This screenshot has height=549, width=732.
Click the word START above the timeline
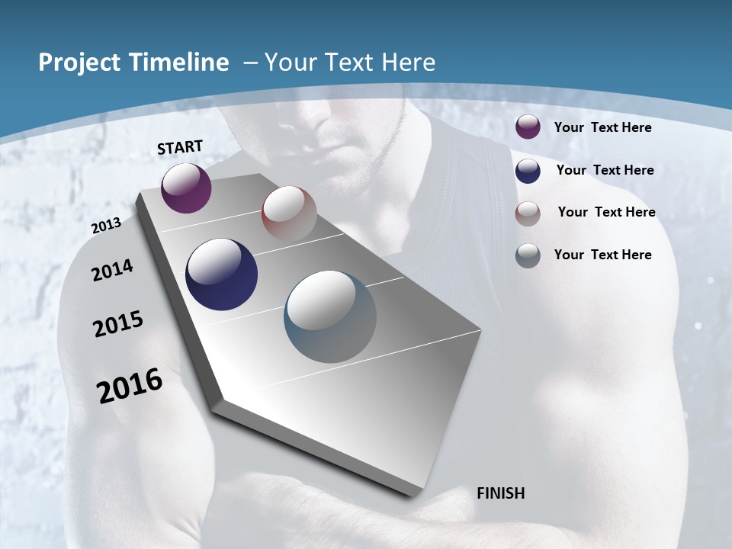click(x=180, y=147)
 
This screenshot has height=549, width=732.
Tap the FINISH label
click(x=500, y=493)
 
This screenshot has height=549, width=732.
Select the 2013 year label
click(x=106, y=225)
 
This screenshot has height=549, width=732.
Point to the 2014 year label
click(x=112, y=270)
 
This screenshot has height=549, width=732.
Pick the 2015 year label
click(x=118, y=324)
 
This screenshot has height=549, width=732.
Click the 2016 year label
click(x=130, y=386)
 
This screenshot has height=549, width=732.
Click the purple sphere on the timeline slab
click(x=186, y=188)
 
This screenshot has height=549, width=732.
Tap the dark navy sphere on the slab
click(x=221, y=274)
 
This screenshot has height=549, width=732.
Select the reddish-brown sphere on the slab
click(x=289, y=213)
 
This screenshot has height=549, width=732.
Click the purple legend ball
click(x=528, y=127)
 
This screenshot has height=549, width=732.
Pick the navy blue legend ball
click(x=528, y=170)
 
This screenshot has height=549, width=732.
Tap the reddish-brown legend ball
click(x=528, y=213)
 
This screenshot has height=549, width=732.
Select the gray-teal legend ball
click(x=528, y=255)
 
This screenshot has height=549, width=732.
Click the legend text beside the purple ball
click(x=602, y=127)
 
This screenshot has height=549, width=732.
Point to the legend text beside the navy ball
click(x=605, y=170)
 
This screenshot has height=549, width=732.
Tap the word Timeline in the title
click(x=178, y=63)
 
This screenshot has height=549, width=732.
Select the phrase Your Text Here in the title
click(x=350, y=63)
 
